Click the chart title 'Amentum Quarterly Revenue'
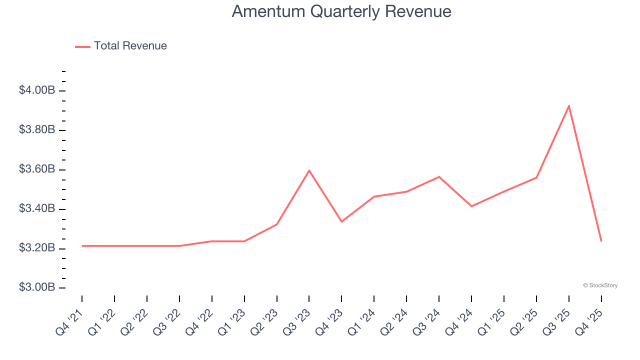[341, 11]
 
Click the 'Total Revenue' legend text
[130, 46]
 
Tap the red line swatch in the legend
[82, 46]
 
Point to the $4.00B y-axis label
[37, 90]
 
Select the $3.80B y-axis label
[37, 130]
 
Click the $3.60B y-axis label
[37, 169]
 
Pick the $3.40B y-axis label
[37, 208]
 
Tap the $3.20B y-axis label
[37, 248]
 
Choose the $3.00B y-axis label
[37, 287]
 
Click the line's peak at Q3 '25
[568, 105]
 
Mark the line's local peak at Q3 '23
[309, 170]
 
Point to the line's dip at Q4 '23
[341, 221]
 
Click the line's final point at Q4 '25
[601, 241]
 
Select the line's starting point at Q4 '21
[82, 246]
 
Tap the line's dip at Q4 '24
[471, 206]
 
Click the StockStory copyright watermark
[600, 285]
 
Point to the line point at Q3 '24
[439, 177]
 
